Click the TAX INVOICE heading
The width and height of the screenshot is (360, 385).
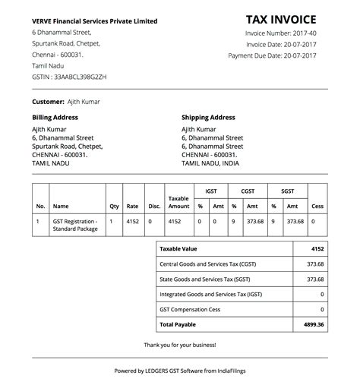[286, 21]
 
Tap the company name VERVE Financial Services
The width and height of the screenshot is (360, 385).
[95, 21]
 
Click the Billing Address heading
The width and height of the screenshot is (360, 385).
[55, 118]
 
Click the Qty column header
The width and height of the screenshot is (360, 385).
[114, 206]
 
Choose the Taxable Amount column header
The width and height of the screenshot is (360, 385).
[178, 202]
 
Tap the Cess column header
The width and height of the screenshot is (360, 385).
[317, 206]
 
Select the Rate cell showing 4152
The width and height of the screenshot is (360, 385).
[133, 221]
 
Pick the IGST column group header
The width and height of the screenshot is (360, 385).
[209, 191]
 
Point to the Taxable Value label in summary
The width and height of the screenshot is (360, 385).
[178, 248]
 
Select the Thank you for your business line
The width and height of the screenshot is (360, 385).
[180, 346]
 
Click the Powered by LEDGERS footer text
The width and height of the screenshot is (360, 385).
[180, 371]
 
